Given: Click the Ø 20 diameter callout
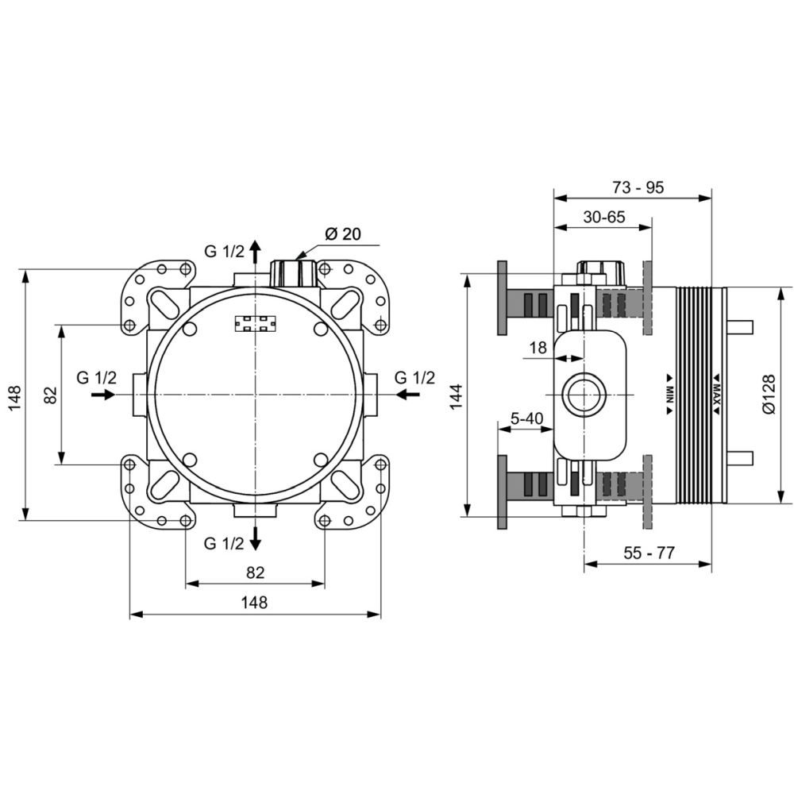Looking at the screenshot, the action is point(343,234).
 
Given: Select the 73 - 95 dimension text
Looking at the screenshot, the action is point(638,187).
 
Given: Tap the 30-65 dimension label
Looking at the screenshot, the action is point(604,217).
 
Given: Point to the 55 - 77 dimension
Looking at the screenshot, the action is point(649,553).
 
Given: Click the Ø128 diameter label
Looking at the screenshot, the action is point(769,394).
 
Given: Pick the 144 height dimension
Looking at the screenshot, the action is point(457,396).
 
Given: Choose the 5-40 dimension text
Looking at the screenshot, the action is point(526,418).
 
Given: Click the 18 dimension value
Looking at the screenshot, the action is point(538,348).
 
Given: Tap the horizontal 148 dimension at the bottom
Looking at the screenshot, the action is point(254,603).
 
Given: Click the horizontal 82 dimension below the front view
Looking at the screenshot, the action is point(255,572).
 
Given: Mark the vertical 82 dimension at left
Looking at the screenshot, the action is point(51,395).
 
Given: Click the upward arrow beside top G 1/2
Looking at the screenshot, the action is point(256,251).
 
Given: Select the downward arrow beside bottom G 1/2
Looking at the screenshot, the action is point(256,538).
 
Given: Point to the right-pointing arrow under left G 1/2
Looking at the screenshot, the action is point(104,394).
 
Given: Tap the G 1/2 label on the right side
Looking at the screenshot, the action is point(414,378).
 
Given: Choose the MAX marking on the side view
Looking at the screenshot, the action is point(717,395).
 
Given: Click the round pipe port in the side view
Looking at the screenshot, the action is point(584,395).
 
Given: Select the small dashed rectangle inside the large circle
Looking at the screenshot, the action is point(256,324).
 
